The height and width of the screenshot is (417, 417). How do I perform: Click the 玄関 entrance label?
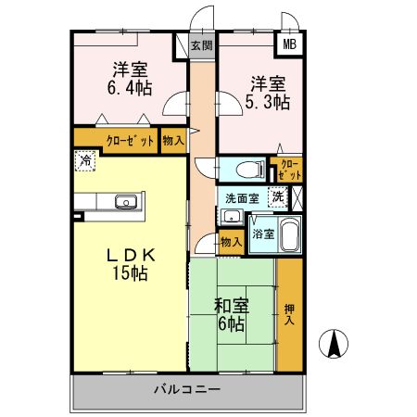pos(201,44)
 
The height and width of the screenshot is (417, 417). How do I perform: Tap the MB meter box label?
pos(289,44)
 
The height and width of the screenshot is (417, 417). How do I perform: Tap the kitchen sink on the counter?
pos(125,201)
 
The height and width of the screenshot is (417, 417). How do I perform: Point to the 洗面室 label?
pos(242,197)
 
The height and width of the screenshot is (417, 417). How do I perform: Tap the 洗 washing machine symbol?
pos(276,196)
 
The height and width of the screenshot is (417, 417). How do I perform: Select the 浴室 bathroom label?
pos(263,234)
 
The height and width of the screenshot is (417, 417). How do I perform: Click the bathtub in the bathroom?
pos(290,234)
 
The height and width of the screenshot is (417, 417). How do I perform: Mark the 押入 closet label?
pos(289,315)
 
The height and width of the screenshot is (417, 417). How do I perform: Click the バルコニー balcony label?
pos(187,389)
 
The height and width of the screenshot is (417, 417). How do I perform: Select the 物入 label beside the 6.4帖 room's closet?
pos(172,140)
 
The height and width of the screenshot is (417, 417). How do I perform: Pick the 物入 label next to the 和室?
pos(231,242)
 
